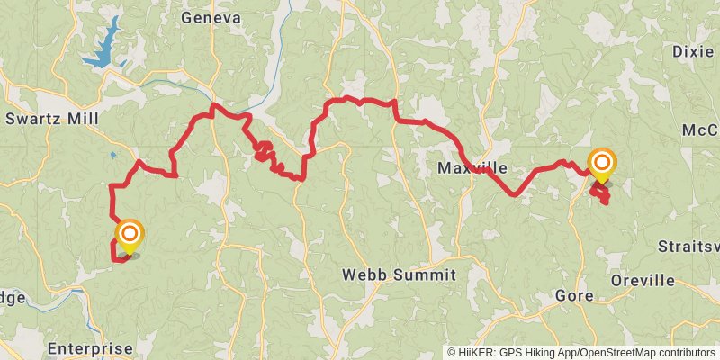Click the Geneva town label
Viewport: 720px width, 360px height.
click(x=211, y=18)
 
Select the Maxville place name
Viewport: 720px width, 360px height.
click(x=472, y=168)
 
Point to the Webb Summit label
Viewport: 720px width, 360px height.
click(x=400, y=274)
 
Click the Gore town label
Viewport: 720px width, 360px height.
click(x=573, y=295)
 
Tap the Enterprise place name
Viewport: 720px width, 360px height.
click(x=90, y=348)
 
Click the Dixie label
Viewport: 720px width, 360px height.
click(x=693, y=52)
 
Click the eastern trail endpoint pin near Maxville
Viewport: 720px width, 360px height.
click(x=601, y=165)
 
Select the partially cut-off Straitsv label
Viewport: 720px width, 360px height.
click(x=688, y=246)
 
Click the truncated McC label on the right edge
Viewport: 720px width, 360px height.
click(x=701, y=130)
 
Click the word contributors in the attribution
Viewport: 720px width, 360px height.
click(x=685, y=353)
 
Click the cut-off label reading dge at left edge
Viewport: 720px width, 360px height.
click(x=13, y=297)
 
